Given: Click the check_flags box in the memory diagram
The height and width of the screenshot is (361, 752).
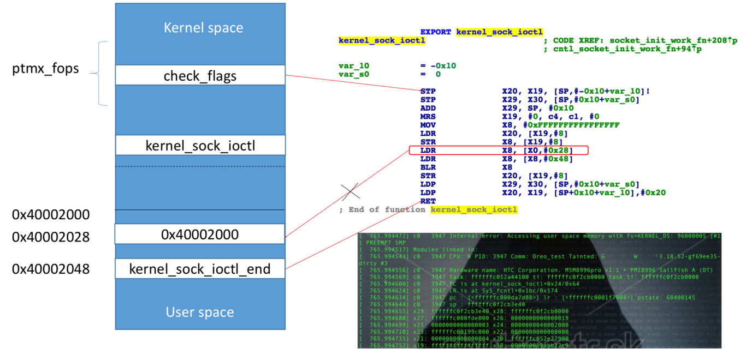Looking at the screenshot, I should [x=200, y=75].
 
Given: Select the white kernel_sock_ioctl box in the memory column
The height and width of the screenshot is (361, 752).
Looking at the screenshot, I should [x=200, y=146].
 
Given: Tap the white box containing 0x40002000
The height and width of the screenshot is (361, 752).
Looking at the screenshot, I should [x=200, y=234].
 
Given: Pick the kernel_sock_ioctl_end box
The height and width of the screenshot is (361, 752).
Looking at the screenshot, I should [x=200, y=269].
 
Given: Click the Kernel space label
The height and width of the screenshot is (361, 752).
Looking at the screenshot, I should [x=203, y=28].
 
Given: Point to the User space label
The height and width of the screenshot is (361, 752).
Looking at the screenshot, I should [x=200, y=312].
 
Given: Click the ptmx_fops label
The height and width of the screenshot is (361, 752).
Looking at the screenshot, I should [x=45, y=69].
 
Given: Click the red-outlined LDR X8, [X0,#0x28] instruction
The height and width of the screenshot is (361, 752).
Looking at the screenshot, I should [x=498, y=150].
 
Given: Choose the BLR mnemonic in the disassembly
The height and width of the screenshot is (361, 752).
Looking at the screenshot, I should [x=428, y=167].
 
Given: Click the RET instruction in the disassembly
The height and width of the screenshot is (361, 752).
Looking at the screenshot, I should [x=428, y=201].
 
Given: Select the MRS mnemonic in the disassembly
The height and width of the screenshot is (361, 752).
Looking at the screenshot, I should [x=428, y=116].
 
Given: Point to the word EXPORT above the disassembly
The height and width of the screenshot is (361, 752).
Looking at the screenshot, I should [x=436, y=32].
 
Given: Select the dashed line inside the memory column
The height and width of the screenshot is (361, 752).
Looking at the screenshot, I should [x=200, y=166].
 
